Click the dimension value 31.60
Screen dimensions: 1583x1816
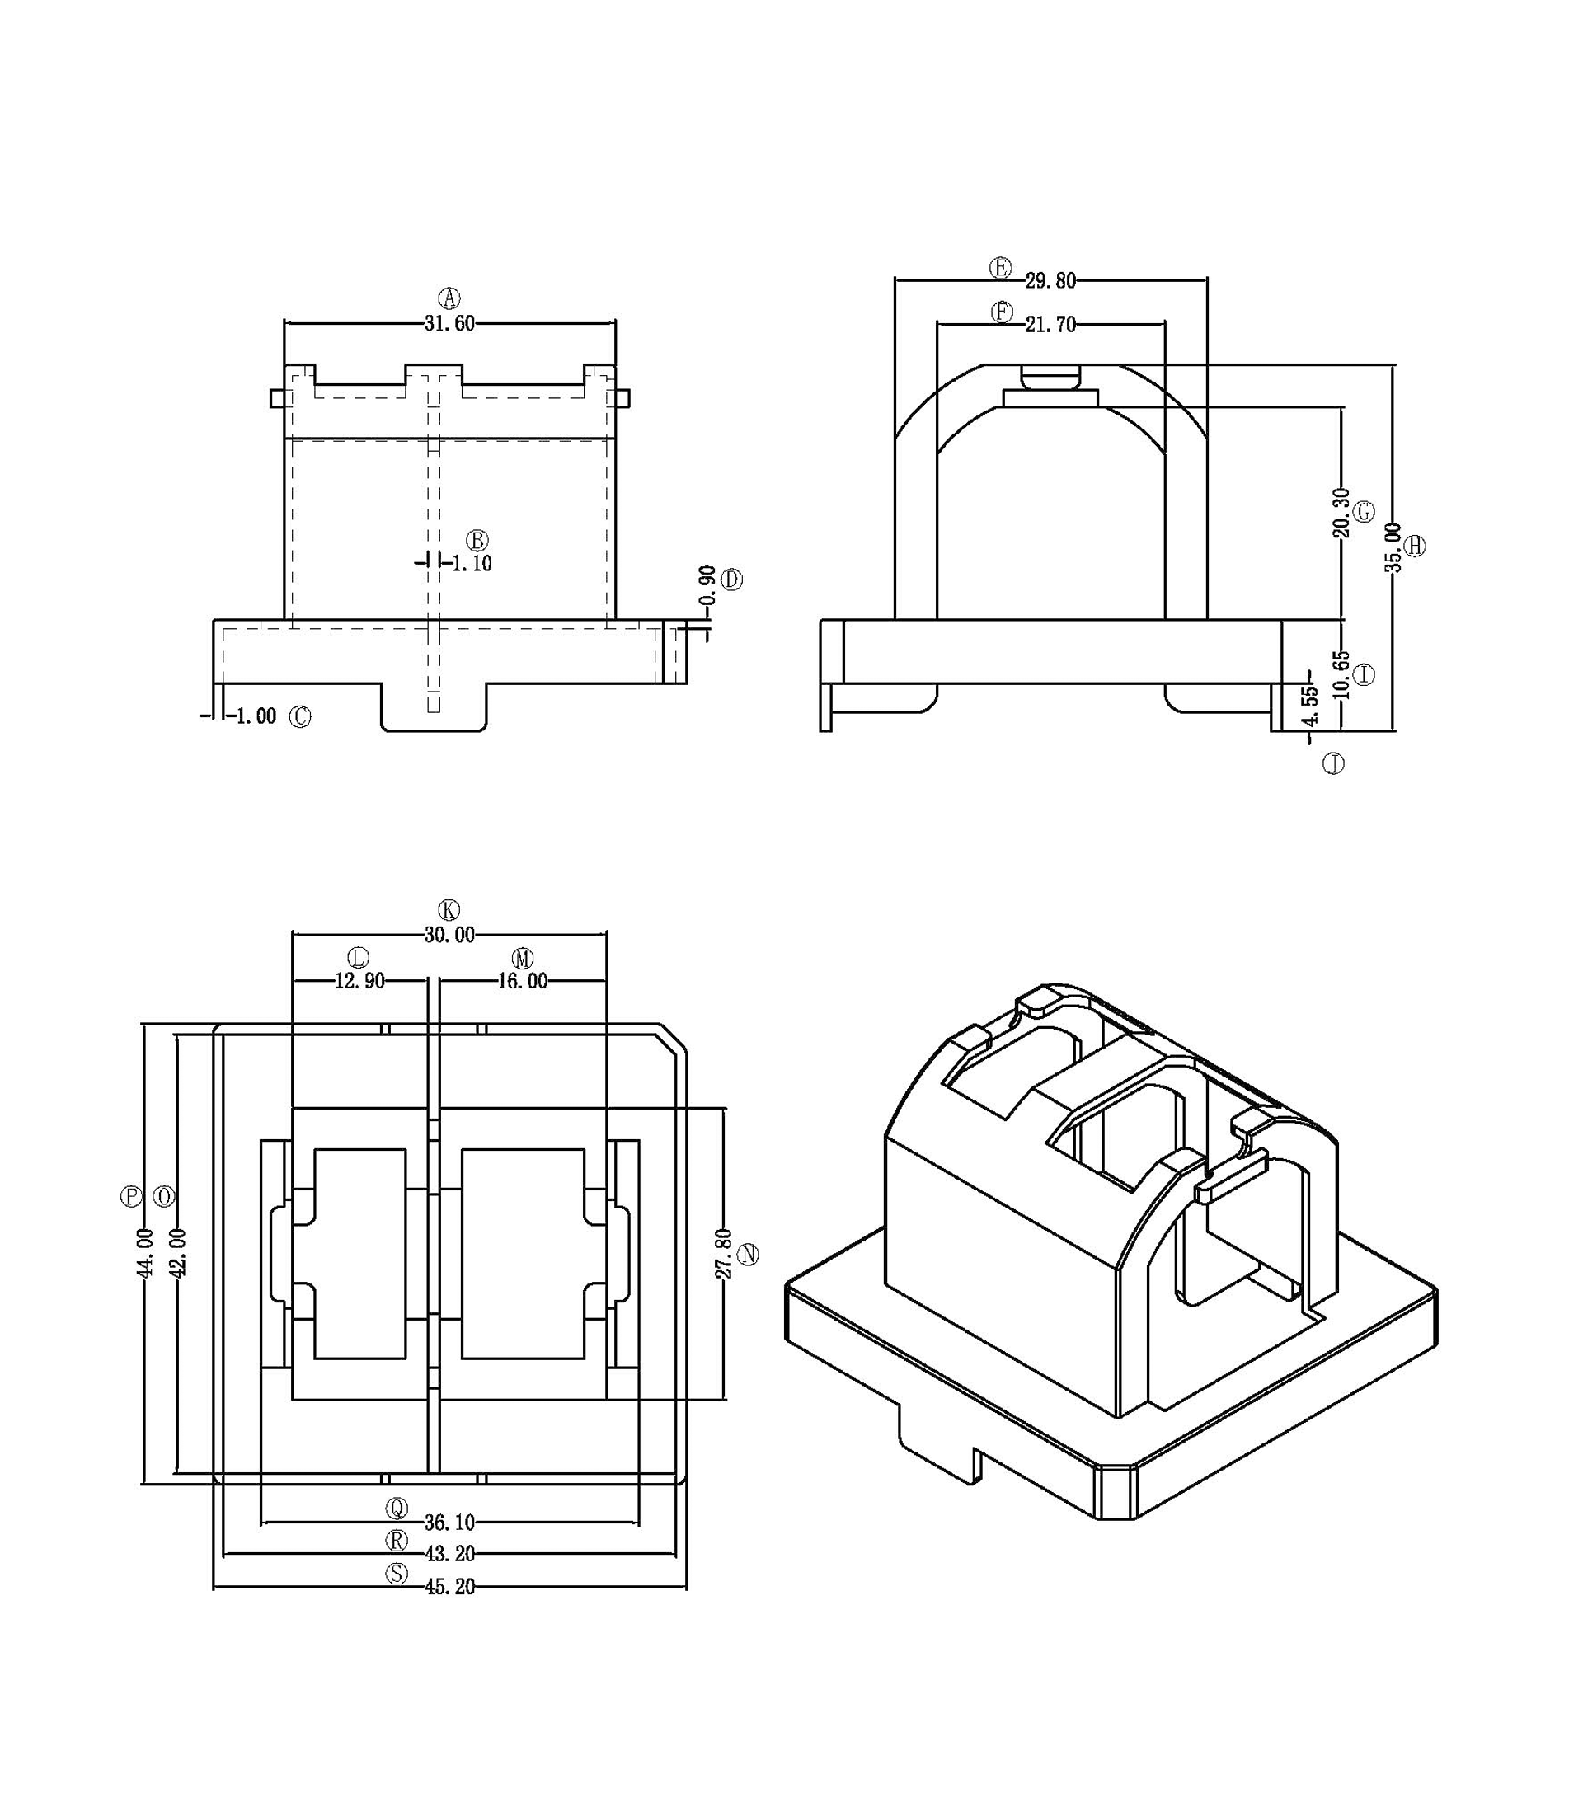coord(449,323)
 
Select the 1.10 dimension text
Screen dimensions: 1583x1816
coord(472,564)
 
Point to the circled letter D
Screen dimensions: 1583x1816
coord(732,580)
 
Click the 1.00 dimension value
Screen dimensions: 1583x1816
coord(256,716)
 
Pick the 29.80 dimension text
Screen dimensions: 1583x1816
coord(1051,281)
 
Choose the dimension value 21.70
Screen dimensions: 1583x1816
coord(1051,325)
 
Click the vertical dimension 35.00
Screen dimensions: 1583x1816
coord(1393,547)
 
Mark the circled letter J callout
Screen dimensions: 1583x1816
coord(1334,763)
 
